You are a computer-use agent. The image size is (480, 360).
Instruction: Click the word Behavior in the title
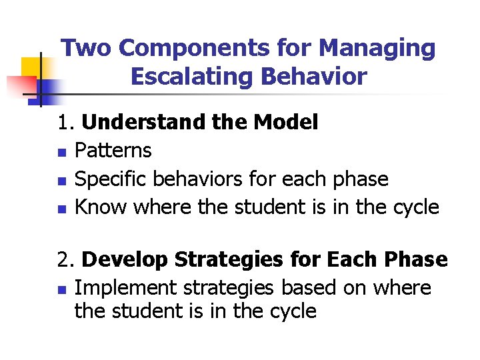point(313,77)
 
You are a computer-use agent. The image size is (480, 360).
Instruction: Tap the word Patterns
point(113,151)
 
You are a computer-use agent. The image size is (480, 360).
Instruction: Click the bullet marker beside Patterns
point(61,152)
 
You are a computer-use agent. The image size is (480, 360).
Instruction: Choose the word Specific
point(111,179)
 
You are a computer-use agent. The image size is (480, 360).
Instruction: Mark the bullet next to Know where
point(61,209)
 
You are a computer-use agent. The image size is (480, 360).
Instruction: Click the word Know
point(101,207)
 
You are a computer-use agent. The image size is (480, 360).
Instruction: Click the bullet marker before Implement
point(61,289)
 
